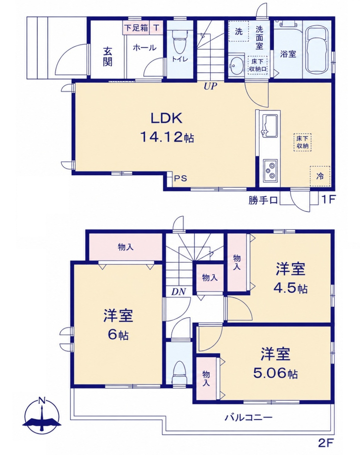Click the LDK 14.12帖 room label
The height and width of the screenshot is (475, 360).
167,128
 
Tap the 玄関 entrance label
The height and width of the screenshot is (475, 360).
107,56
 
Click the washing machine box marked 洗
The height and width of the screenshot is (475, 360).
238,31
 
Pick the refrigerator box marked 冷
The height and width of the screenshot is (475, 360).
320,176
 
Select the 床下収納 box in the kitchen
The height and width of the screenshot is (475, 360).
302,142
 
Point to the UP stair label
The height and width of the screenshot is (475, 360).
211,86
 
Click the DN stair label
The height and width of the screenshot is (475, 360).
179,292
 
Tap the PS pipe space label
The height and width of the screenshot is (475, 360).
180,179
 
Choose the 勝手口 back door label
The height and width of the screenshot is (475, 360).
263,200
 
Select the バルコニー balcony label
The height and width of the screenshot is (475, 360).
248,418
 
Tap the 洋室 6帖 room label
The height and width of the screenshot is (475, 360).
118,325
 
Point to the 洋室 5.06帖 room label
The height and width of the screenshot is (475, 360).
275,364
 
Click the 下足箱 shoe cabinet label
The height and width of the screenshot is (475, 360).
136,28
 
